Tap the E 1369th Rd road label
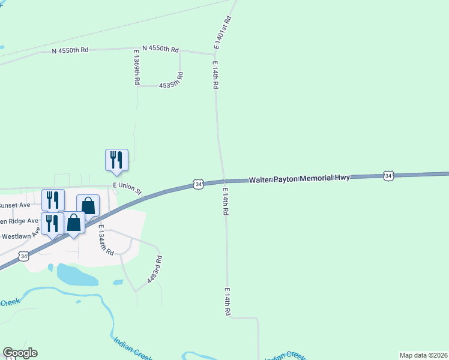(x=137, y=67)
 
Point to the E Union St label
(x=127, y=189)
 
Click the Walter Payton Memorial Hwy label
(x=299, y=179)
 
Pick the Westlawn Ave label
(x=21, y=233)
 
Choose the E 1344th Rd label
(x=106, y=241)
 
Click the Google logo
(x=20, y=353)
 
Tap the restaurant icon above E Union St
(x=116, y=160)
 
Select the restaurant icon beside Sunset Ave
(x=53, y=199)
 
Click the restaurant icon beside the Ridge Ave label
(x=52, y=223)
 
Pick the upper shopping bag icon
(x=88, y=205)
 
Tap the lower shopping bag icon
(x=74, y=223)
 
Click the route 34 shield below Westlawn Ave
(x=23, y=256)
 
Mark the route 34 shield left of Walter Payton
(x=197, y=184)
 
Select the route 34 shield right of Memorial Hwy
(x=389, y=176)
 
